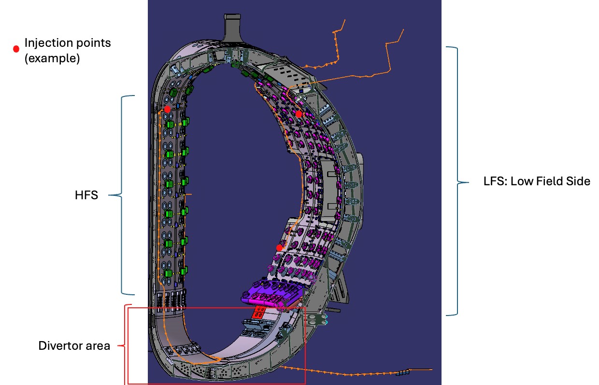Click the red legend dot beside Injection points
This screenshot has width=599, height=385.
coord(16,49)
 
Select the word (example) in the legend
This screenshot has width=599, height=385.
coord(52,58)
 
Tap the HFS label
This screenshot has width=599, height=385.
coord(86,195)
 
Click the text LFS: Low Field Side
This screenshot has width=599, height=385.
coord(537,181)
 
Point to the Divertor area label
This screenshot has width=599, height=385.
coord(74,346)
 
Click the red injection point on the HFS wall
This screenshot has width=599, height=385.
coord(167,109)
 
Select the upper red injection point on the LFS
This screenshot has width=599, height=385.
coord(299,114)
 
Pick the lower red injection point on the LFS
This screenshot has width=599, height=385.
coord(279,248)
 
